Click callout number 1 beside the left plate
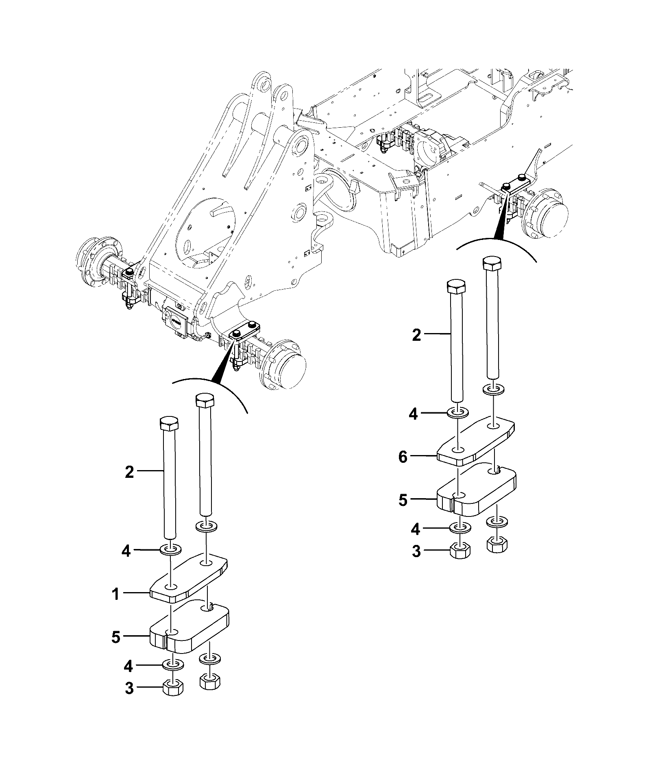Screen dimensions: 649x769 (x=116, y=595)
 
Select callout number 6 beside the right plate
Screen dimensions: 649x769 (x=403, y=457)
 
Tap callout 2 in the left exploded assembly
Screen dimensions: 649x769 (x=129, y=472)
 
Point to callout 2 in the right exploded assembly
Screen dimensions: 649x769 (x=416, y=335)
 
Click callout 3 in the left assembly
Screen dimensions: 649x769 (x=129, y=689)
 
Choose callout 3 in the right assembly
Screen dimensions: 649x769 (x=416, y=552)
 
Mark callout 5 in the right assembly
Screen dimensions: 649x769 (x=403, y=501)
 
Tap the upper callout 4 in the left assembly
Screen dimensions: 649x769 (x=126, y=551)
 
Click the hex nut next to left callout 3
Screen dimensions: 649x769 (x=173, y=688)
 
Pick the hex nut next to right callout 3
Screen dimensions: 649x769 (x=460, y=551)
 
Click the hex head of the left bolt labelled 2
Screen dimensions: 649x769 (x=169, y=424)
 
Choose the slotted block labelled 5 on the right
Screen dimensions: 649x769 (x=477, y=493)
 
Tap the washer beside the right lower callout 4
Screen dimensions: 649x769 (x=460, y=529)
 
